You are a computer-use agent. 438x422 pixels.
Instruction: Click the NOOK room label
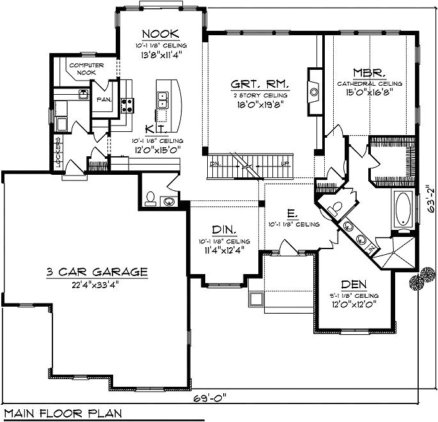[160, 34]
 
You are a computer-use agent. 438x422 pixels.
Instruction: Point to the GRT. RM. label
[259, 84]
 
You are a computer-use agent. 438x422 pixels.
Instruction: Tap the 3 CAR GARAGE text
[97, 272]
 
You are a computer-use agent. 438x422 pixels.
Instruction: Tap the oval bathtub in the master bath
[404, 211]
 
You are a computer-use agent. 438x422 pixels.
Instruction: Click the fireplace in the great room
[314, 91]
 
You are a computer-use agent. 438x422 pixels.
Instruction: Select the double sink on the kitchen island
[163, 99]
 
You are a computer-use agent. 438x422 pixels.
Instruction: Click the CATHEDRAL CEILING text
[370, 83]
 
